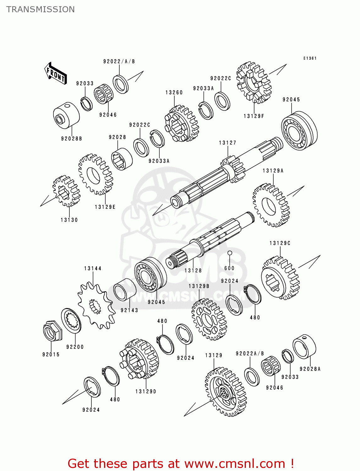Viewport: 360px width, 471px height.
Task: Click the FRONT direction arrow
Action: pyautogui.click(x=56, y=73)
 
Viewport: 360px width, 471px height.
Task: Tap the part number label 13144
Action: pyautogui.click(x=93, y=268)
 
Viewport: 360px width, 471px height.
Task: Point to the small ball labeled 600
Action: pyautogui.click(x=230, y=253)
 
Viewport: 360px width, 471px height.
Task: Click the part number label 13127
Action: pyautogui.click(x=228, y=143)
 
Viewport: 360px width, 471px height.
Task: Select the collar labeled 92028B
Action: pyautogui.click(x=66, y=115)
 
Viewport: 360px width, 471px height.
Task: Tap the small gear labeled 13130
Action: pyautogui.click(x=66, y=191)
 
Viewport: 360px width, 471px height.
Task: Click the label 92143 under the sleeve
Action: pyautogui.click(x=129, y=310)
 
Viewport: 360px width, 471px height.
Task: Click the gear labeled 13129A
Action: pyautogui.click(x=271, y=205)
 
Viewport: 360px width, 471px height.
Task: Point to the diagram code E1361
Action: pyautogui.click(x=310, y=58)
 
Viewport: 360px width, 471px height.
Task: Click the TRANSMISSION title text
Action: pyautogui.click(x=41, y=9)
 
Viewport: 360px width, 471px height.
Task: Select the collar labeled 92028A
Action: pyautogui.click(x=304, y=347)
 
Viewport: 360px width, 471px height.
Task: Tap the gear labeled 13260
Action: pyautogui.click(x=181, y=123)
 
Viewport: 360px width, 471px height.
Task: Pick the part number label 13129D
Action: pyautogui.click(x=146, y=392)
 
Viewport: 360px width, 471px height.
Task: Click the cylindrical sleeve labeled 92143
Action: pyautogui.click(x=125, y=290)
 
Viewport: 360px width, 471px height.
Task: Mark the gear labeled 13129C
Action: pyautogui.click(x=280, y=278)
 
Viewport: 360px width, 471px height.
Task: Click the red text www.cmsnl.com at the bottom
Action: pyautogui.click(x=234, y=463)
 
